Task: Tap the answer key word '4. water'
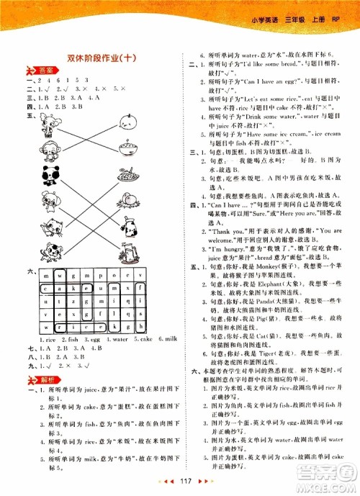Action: coord(104,338)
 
